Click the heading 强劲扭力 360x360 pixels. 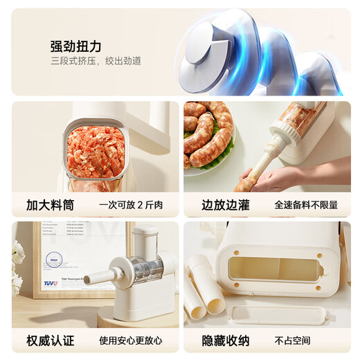click(x=75, y=46)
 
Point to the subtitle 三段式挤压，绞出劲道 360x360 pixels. click(x=96, y=62)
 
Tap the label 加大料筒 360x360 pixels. click(x=50, y=205)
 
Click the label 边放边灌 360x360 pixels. click(x=225, y=205)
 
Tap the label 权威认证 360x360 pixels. click(x=50, y=341)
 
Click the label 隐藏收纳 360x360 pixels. click(x=225, y=341)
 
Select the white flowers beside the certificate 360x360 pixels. click(x=17, y=267)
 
